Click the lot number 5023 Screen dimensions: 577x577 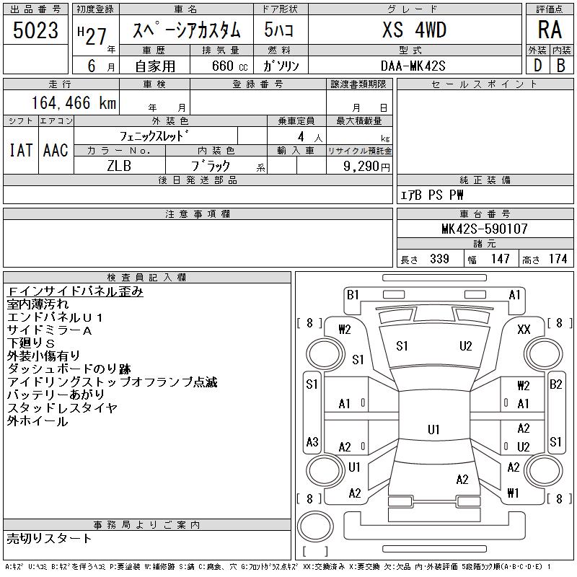pos(35,30)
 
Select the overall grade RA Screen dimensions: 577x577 pos(550,30)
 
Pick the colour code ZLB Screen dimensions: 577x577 pos(119,165)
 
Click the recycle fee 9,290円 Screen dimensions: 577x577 pos(367,166)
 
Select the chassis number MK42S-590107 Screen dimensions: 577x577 pos(484,229)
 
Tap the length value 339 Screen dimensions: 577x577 pos(439,259)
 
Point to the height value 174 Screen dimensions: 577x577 pos(558,259)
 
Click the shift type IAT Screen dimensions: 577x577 pos(20,150)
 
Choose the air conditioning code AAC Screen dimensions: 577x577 pos(56,150)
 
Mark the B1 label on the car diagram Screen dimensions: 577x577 pos(353,294)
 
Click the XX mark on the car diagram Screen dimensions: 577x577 pos(524,329)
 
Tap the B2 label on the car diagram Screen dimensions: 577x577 pos(556,384)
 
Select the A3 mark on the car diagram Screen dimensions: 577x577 pos(312,441)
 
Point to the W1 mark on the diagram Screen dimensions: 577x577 pos(514,493)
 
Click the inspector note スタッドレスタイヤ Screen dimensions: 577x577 pos(62,408)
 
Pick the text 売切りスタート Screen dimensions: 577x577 pos(50,538)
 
